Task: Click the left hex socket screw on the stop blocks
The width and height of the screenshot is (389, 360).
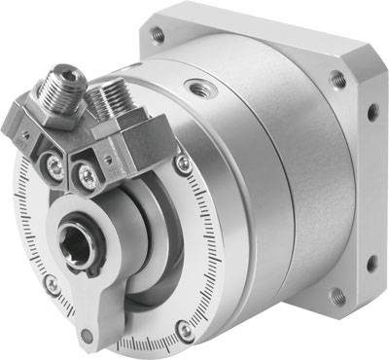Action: (x=56, y=165)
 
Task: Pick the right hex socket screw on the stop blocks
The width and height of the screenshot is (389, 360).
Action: (x=90, y=176)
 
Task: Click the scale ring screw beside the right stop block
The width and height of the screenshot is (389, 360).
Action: (x=181, y=166)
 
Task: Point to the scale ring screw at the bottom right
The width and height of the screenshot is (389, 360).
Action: (x=184, y=331)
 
